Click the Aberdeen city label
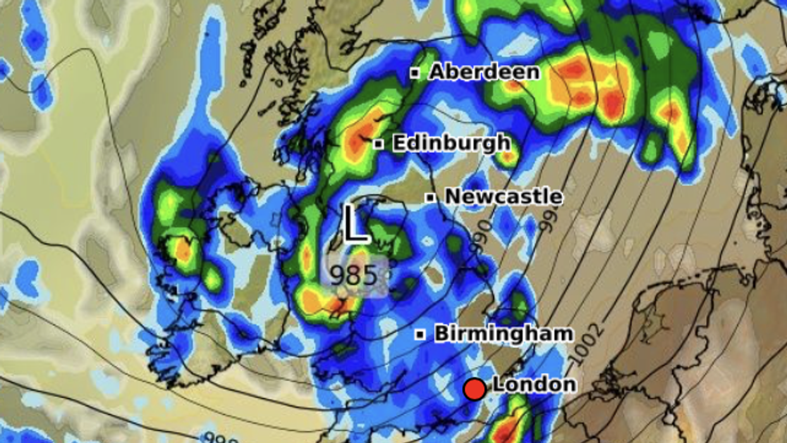coord(484,72)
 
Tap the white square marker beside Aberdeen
coord(415,73)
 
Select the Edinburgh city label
coord(451,143)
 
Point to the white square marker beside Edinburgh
coord(378,144)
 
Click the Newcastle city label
coord(503,197)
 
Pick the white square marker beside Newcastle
coord(430,197)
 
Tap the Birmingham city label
coord(504,334)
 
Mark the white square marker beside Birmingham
coord(420,334)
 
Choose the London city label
coord(534,384)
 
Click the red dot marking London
coord(474,389)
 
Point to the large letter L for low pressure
coord(356,225)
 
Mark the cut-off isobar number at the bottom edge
coord(221,438)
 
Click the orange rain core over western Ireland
coord(183,251)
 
